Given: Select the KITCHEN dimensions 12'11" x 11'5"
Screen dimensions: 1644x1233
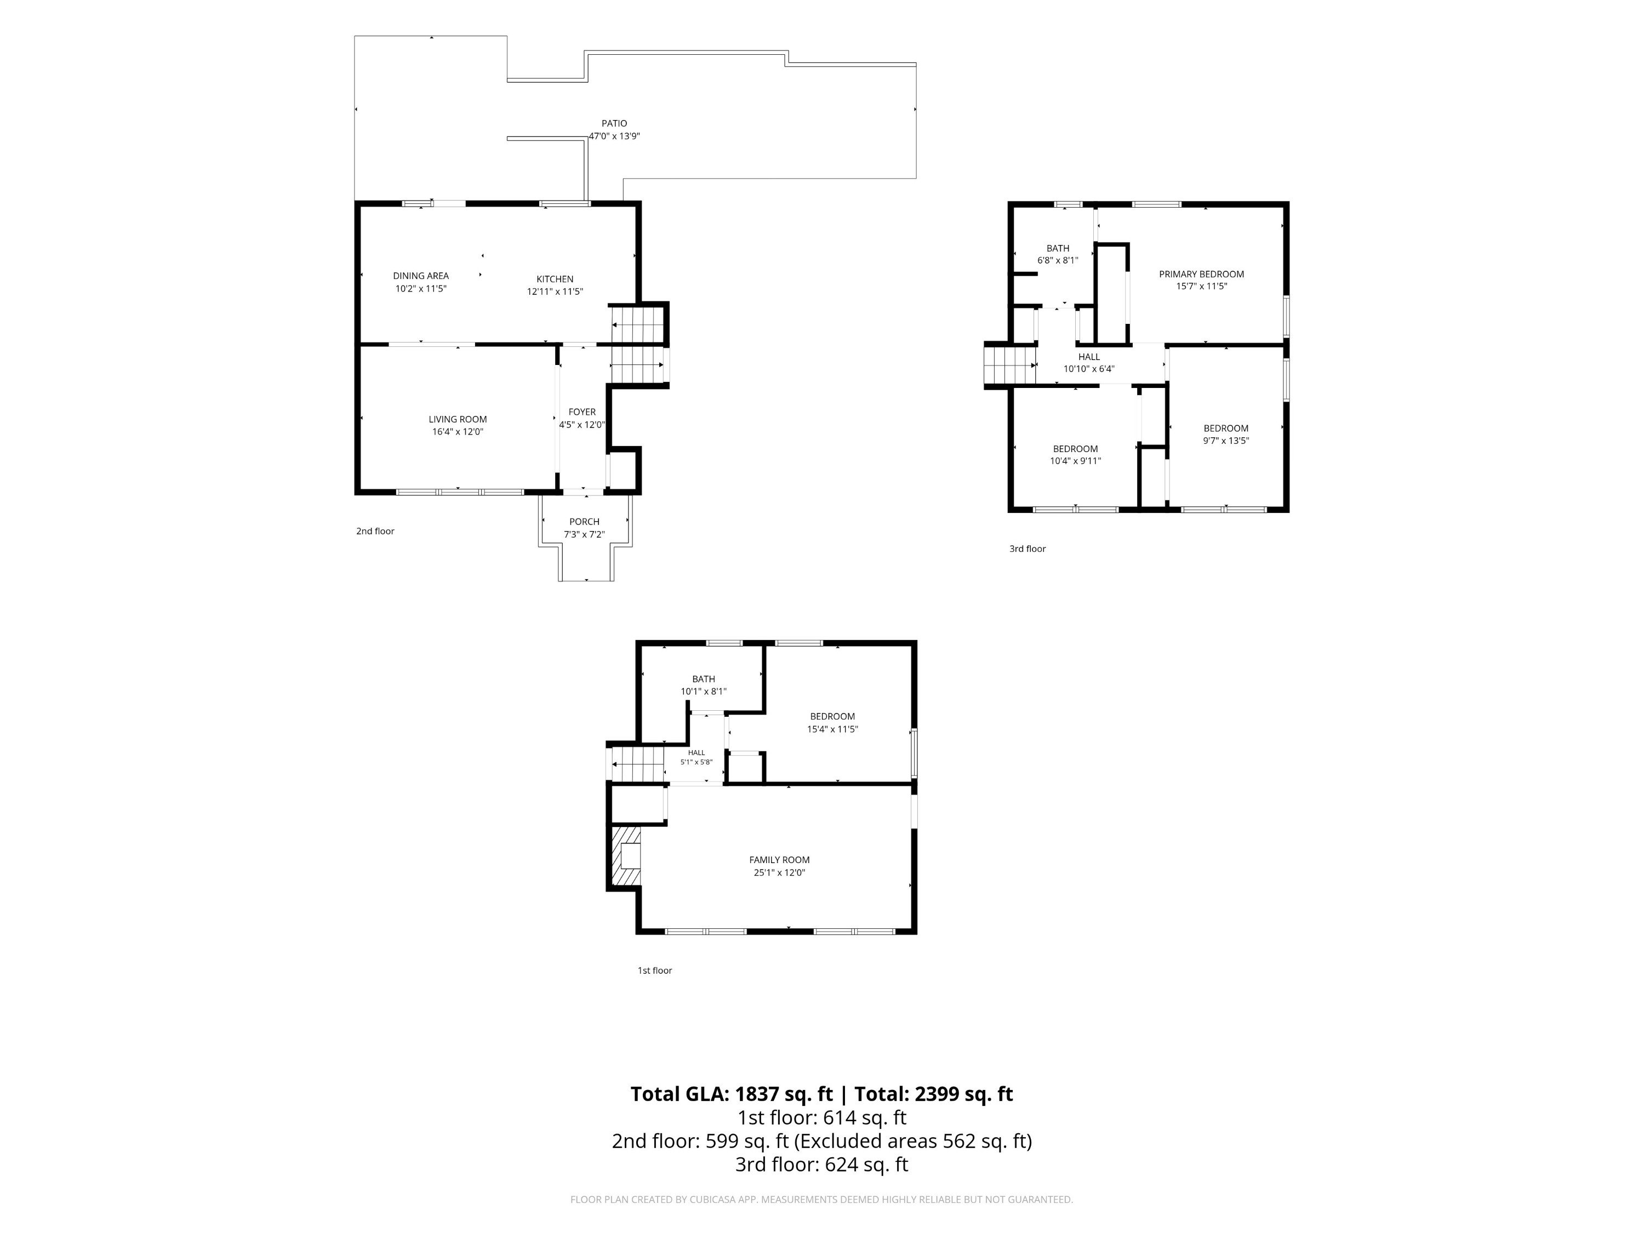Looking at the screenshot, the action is [x=555, y=292].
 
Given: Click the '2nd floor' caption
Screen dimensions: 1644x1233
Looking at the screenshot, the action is [x=375, y=532].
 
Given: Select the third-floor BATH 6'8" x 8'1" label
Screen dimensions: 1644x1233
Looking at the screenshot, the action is [x=1058, y=254].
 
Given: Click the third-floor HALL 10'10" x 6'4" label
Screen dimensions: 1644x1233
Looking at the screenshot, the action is [x=1089, y=363].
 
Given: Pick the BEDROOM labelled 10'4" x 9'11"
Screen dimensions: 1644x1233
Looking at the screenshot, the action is [x=1075, y=455].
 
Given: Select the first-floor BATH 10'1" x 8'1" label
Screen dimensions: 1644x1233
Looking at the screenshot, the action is [x=703, y=685].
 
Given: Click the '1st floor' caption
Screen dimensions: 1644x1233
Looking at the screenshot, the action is [x=655, y=971].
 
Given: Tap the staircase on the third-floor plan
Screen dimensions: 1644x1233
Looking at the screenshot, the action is [x=1010, y=365].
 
